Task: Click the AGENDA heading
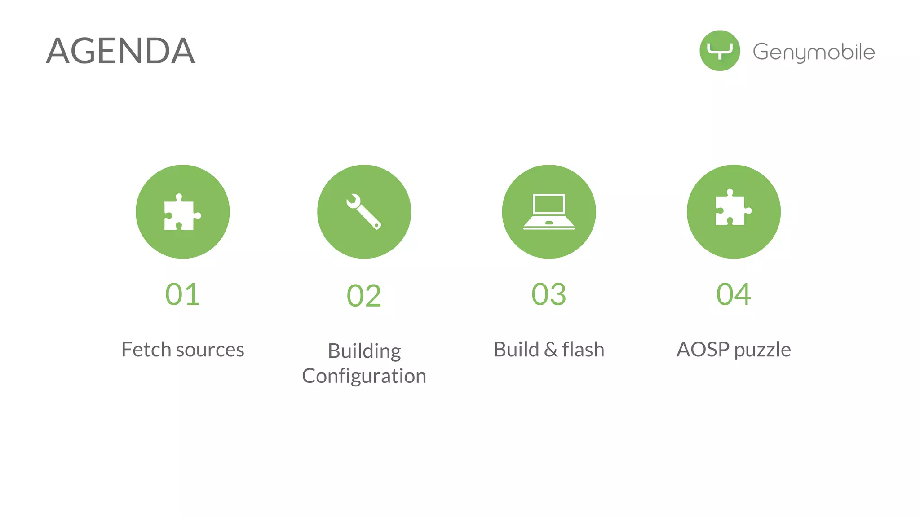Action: (120, 51)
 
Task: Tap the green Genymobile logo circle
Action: (720, 51)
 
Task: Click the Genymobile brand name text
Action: (814, 52)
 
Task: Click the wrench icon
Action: (364, 212)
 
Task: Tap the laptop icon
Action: (549, 212)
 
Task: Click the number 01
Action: (182, 294)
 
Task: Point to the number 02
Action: (364, 296)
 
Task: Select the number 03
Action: (548, 294)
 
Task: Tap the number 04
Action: (733, 294)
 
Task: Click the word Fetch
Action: (146, 350)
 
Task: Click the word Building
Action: (364, 351)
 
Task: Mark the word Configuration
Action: (364, 376)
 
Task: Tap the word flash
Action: (583, 350)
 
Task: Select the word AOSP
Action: (703, 350)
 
